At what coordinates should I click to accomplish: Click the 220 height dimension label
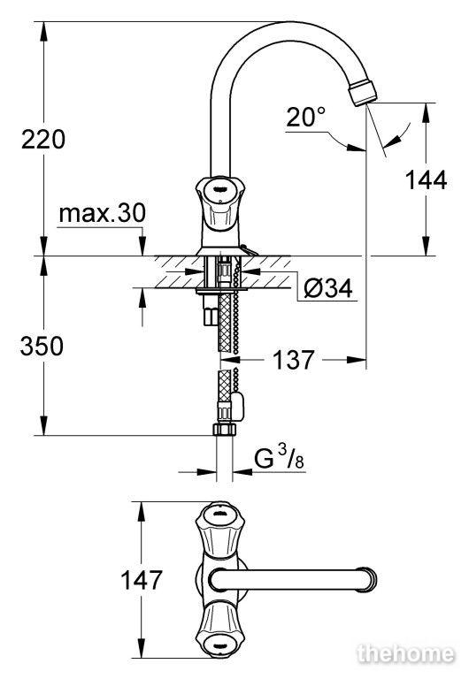click(43, 140)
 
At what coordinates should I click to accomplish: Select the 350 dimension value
click(42, 346)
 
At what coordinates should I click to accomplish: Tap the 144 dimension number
click(427, 180)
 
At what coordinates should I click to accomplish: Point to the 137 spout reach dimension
click(293, 360)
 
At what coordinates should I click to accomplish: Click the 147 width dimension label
click(142, 580)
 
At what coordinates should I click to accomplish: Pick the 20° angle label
click(305, 117)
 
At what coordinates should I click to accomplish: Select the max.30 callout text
click(103, 213)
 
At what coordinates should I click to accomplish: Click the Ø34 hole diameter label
click(328, 288)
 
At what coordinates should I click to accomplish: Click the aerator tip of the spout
click(363, 92)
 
